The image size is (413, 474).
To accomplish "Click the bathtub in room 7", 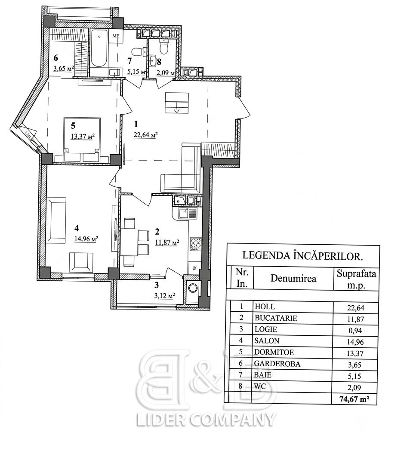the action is [99, 48].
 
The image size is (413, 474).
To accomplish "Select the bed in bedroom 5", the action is [82, 140].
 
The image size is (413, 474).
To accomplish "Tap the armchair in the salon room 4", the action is [81, 263].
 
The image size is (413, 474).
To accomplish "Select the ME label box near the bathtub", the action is [115, 36].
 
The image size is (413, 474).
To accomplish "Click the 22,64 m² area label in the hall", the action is [145, 135].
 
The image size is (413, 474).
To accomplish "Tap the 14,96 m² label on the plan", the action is [86, 239].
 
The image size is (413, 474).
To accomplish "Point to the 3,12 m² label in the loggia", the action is [164, 295].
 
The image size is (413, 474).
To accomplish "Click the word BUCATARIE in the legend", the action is [276, 318].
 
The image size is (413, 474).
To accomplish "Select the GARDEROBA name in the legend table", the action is [277, 364].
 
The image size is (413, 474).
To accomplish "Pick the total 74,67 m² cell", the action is [354, 399].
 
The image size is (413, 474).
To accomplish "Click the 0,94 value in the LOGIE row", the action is [355, 331].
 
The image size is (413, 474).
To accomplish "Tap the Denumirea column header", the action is [293, 278].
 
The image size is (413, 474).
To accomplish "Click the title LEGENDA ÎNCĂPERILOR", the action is [303, 255].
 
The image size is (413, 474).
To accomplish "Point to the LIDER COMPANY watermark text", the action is [206, 419].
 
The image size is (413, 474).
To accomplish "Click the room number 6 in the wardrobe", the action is [56, 58].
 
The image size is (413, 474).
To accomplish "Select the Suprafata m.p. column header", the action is [356, 279].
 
